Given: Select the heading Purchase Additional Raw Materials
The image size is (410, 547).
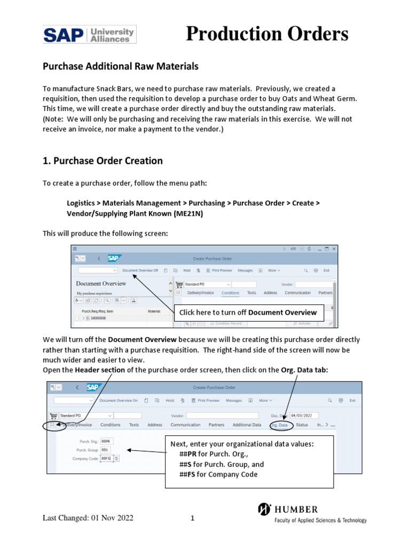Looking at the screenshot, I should (120, 66).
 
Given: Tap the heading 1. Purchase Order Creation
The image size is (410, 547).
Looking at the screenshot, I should (102, 161).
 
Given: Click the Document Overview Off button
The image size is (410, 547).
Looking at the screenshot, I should (140, 271).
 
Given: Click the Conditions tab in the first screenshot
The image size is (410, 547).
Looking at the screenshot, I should (230, 293).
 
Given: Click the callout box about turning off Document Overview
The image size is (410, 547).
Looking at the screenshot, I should (248, 312).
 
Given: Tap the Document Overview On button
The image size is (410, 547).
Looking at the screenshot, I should (119, 400).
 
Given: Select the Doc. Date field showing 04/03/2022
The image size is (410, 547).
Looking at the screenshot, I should (304, 415).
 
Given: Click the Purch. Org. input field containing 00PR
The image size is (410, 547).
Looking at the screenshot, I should (106, 441).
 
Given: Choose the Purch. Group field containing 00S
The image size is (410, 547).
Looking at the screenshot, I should (105, 450).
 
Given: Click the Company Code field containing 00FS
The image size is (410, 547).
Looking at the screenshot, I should (106, 458).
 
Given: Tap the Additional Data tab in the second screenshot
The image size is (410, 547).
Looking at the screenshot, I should (247, 425).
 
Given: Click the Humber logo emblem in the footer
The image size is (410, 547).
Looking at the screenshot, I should (264, 510).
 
